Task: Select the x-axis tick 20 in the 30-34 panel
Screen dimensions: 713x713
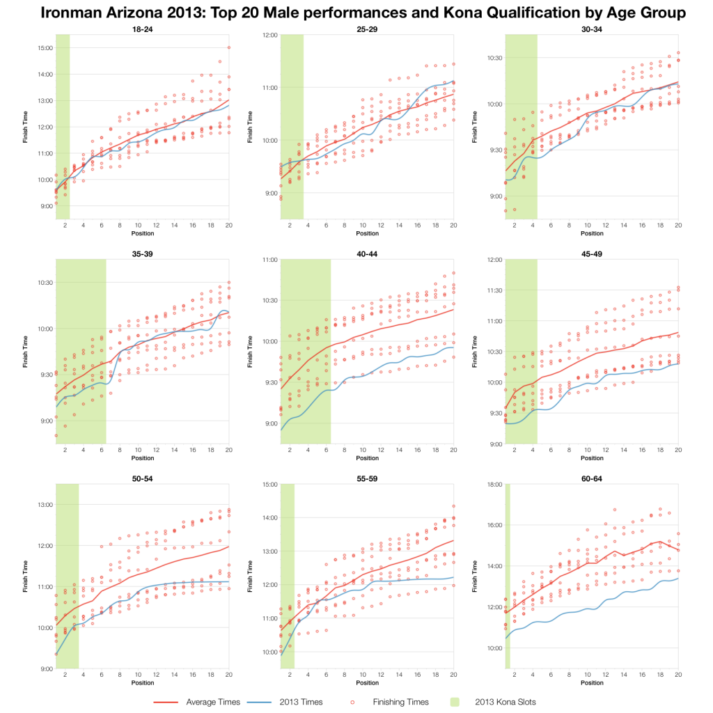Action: [x=677, y=226]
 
